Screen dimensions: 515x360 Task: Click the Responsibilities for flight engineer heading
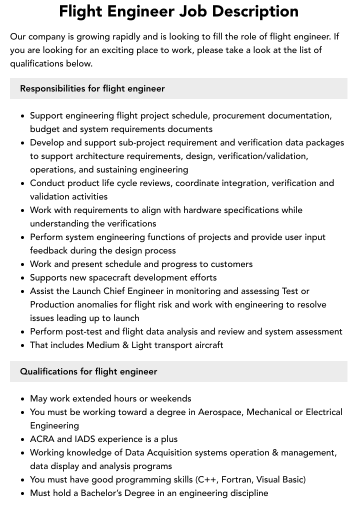coord(92,88)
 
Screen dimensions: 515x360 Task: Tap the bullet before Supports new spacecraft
coord(22,278)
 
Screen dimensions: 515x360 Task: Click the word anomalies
coord(97,304)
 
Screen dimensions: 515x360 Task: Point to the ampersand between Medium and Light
coord(124,345)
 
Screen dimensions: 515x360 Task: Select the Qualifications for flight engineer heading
coord(88,371)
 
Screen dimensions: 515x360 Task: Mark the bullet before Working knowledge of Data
coord(22,453)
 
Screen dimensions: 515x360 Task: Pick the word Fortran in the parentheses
coord(238,479)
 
